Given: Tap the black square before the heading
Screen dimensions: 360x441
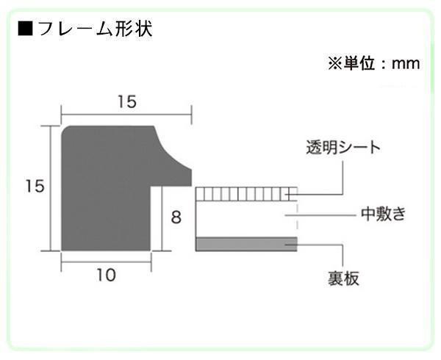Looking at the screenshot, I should [x=24, y=30].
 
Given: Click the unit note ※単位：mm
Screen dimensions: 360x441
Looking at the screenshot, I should [x=373, y=64].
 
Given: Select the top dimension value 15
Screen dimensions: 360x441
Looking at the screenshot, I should [x=126, y=102].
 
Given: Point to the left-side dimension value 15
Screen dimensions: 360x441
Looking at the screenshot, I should [x=30, y=187].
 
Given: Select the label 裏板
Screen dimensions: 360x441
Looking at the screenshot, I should [x=343, y=278].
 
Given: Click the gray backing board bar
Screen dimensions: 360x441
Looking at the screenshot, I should [x=245, y=243].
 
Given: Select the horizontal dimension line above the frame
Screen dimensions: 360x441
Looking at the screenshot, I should [x=126, y=114].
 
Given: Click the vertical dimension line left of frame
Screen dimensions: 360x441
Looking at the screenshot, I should [x=50, y=187].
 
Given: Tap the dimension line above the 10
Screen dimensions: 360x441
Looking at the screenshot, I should [x=106, y=261].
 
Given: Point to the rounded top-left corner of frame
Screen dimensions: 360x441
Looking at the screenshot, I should [x=67, y=132].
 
